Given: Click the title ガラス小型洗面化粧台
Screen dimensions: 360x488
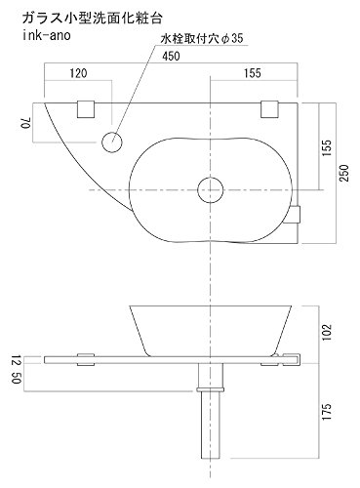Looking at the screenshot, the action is click(x=93, y=19).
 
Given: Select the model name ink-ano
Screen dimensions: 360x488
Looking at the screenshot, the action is click(x=47, y=35).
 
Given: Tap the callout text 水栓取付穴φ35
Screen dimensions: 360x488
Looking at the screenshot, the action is click(x=202, y=38).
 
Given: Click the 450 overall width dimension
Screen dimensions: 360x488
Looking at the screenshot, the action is click(x=171, y=56).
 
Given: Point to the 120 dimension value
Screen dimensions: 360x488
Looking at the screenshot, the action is click(x=79, y=73).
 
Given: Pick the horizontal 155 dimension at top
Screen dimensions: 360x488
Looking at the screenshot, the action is click(x=253, y=73).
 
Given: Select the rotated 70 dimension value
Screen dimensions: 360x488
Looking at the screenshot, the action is click(x=26, y=124).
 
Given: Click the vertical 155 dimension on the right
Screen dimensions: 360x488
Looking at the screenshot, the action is click(x=327, y=148).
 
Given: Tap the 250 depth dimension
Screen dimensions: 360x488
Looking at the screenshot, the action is click(x=344, y=173).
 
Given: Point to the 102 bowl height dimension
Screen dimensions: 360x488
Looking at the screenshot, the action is click(x=327, y=332).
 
